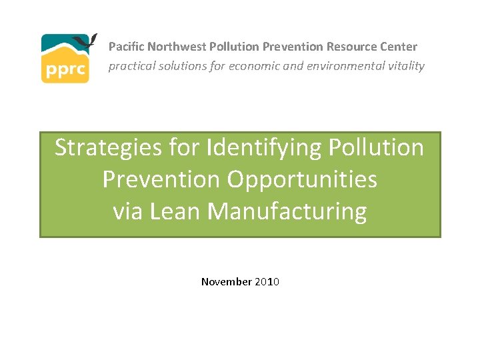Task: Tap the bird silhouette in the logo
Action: (x=85, y=41)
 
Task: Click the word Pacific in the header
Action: (x=126, y=47)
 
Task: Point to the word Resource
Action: (x=349, y=47)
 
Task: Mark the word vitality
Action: (x=405, y=67)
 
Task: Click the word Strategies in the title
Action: (x=105, y=147)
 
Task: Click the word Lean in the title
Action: (x=176, y=211)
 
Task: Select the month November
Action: (x=226, y=282)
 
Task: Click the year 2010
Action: (x=267, y=282)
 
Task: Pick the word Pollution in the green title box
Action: (x=377, y=147)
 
